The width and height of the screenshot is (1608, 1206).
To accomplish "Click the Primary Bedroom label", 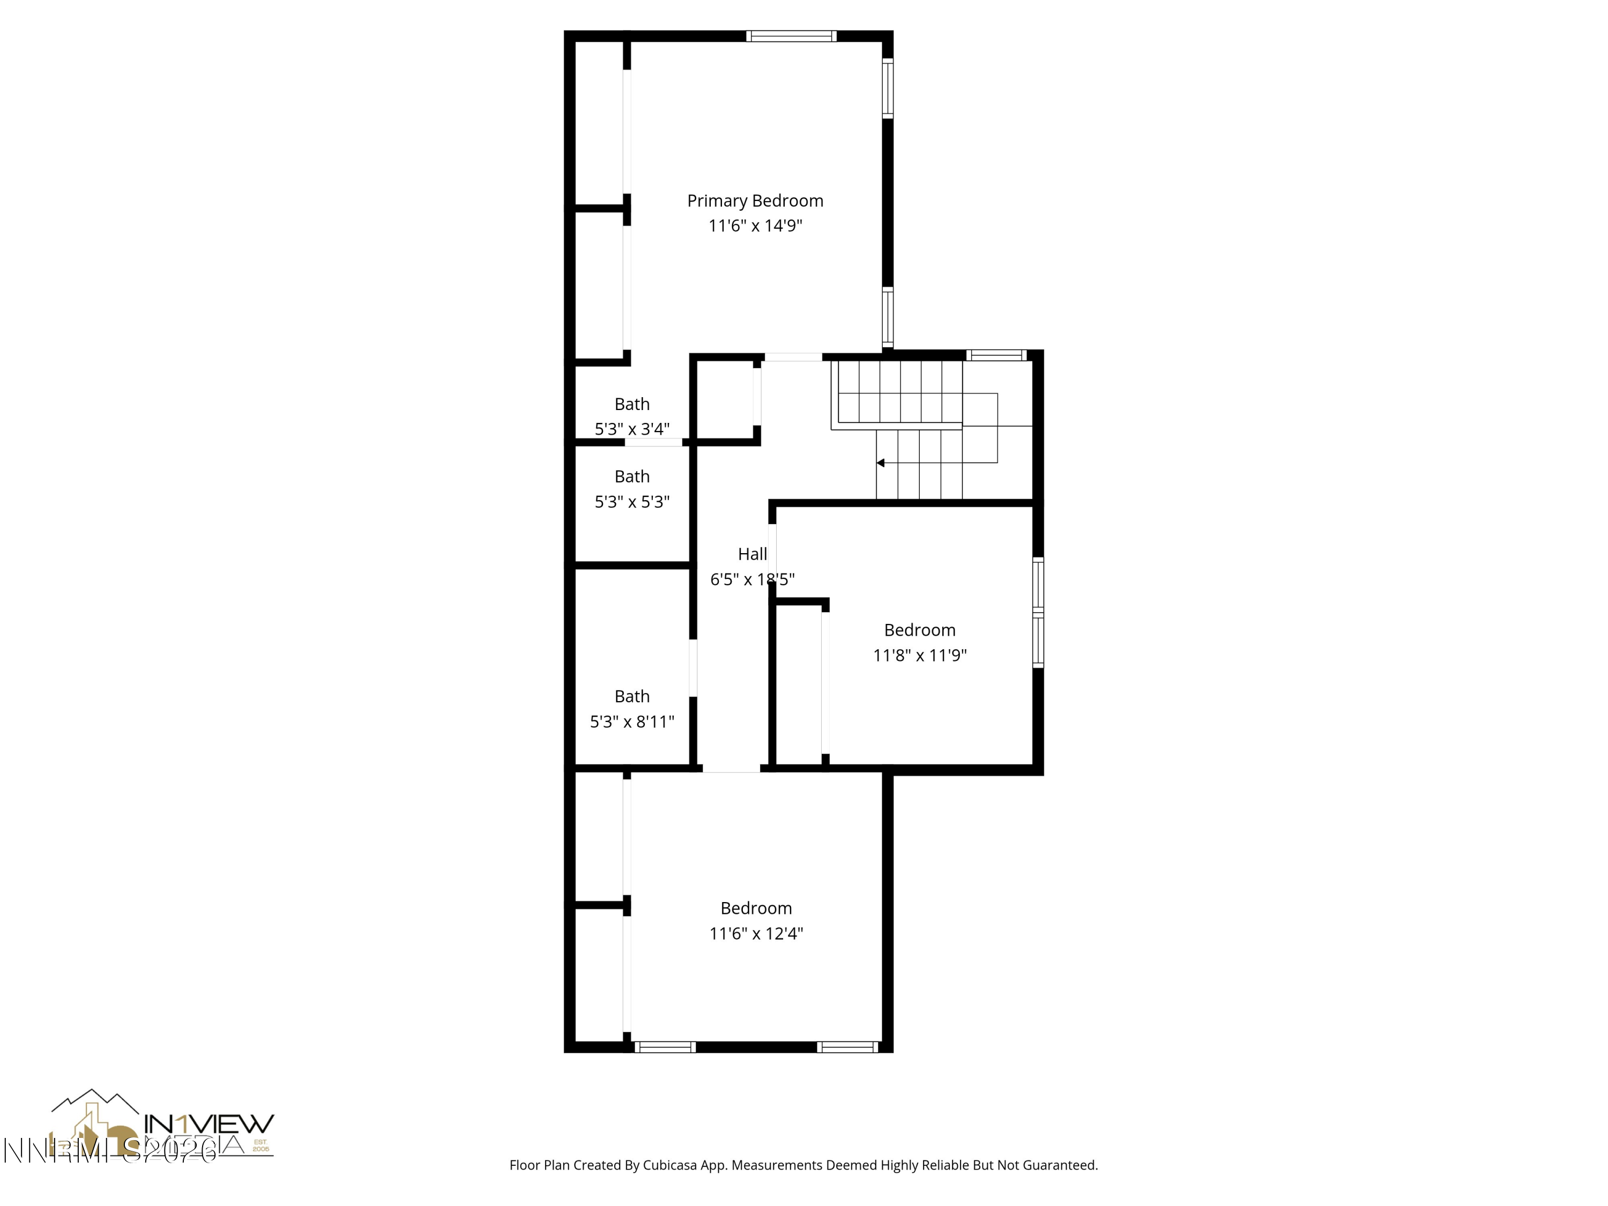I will click(x=755, y=200).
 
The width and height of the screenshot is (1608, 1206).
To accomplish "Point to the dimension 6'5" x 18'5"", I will click(x=753, y=580).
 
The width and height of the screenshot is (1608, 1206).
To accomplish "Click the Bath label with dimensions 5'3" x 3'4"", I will click(x=632, y=404).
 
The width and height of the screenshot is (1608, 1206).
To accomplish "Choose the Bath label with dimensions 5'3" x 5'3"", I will click(x=632, y=477).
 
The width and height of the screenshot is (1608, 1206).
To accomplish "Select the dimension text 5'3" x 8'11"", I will click(x=632, y=722).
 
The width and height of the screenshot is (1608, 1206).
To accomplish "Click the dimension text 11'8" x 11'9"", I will click(x=920, y=656).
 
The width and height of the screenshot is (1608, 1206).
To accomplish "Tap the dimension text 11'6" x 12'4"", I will click(x=756, y=933).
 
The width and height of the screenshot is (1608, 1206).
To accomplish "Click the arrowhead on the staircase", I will click(x=880, y=463).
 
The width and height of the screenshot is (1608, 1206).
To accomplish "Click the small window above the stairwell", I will click(x=996, y=355).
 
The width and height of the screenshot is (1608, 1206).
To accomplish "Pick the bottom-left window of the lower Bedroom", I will click(x=665, y=1047).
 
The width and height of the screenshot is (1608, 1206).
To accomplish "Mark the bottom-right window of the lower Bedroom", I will click(x=847, y=1047).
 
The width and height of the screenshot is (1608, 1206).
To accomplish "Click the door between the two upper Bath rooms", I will click(x=653, y=442).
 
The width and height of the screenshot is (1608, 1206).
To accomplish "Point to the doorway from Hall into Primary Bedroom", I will click(x=793, y=357).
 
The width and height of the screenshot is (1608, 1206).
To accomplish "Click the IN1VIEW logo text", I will click(x=210, y=1124).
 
